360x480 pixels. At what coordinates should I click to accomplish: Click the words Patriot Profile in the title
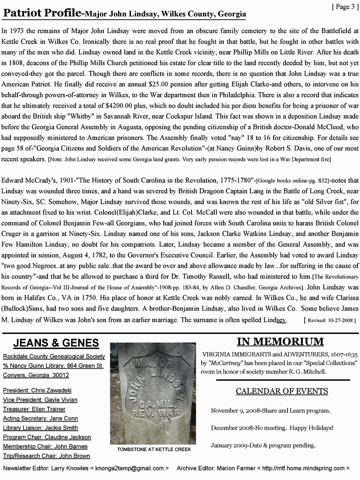41,14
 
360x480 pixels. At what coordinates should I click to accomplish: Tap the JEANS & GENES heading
55,343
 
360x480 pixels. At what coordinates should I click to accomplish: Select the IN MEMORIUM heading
280,341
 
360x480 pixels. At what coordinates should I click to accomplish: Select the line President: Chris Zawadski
37,390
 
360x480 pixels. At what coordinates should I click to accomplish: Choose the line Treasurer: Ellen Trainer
34,409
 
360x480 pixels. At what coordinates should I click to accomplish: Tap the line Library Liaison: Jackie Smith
41,428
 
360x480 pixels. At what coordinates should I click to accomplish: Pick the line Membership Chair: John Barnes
45,446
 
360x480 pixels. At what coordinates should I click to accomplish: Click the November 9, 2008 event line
271,411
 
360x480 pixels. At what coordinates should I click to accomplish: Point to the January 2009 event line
263,446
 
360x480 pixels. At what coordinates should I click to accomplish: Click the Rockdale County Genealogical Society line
54,356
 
